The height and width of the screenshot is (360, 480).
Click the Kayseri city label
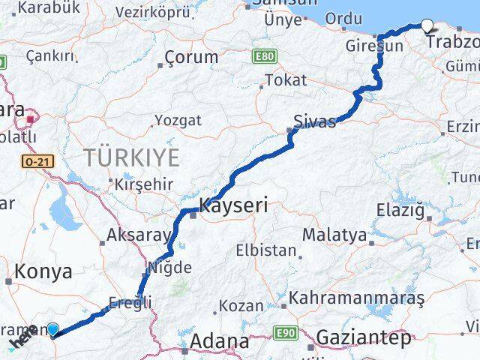(x=233, y=205)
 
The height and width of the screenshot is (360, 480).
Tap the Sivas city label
(x=314, y=122)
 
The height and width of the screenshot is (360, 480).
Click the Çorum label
(x=191, y=57)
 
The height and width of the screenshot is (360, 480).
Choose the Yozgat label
(x=178, y=120)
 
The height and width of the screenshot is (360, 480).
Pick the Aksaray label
(x=139, y=235)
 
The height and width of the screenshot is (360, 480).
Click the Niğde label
(x=166, y=267)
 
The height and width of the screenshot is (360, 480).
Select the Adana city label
(x=219, y=341)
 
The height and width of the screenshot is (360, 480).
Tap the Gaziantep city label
(x=364, y=338)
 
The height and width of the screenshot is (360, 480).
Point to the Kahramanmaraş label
(x=356, y=298)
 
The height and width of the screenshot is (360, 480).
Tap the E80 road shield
(x=264, y=56)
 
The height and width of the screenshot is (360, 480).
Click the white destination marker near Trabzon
(x=427, y=26)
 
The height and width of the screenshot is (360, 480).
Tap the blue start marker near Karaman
(x=52, y=328)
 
